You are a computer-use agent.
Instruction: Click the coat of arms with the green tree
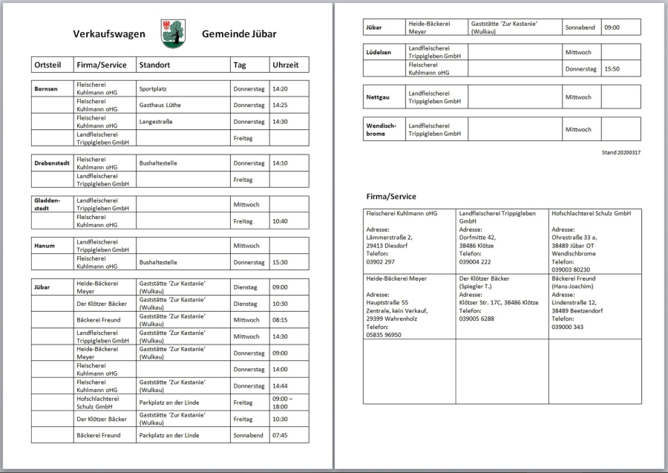[x=173, y=33]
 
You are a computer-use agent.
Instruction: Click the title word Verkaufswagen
[x=109, y=34]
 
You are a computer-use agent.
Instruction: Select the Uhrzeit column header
[x=286, y=65]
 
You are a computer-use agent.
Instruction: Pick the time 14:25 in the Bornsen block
[x=280, y=105]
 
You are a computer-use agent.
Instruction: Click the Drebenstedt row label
[x=53, y=163]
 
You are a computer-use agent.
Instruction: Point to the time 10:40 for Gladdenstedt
[x=280, y=221]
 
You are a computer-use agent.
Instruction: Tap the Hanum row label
[x=45, y=245]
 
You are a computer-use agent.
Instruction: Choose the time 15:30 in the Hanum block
[x=280, y=262]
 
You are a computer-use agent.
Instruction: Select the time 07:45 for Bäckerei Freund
[x=280, y=435]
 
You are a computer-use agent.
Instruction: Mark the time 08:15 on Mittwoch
[x=280, y=320]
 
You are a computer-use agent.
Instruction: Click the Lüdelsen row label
[x=379, y=53]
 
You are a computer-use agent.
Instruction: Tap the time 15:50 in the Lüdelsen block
[x=612, y=69]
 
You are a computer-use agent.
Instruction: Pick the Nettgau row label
[x=378, y=97]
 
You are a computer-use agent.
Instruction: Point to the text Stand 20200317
[x=621, y=152]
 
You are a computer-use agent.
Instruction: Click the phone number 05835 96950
[x=384, y=335]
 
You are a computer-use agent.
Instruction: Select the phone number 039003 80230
[x=571, y=270]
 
